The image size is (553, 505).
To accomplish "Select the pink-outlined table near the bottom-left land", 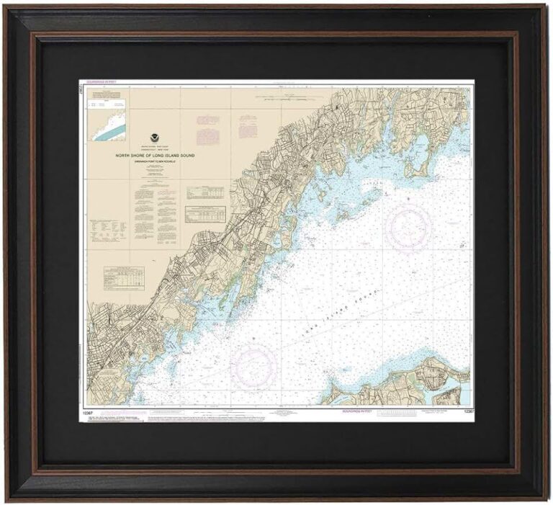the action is coord(123,276).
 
